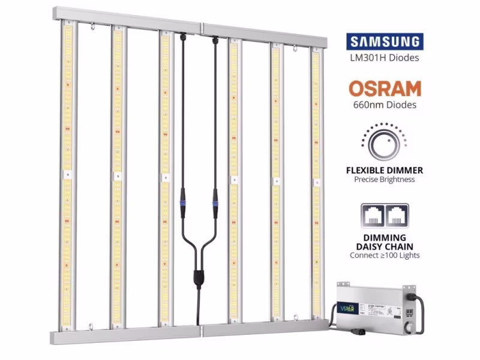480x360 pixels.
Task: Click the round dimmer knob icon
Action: tap(384, 143)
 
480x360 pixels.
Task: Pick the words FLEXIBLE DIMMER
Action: tap(385, 170)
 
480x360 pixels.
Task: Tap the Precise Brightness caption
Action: tap(385, 179)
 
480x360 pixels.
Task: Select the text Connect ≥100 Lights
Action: tap(385, 255)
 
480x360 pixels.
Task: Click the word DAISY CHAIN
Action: tap(385, 246)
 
